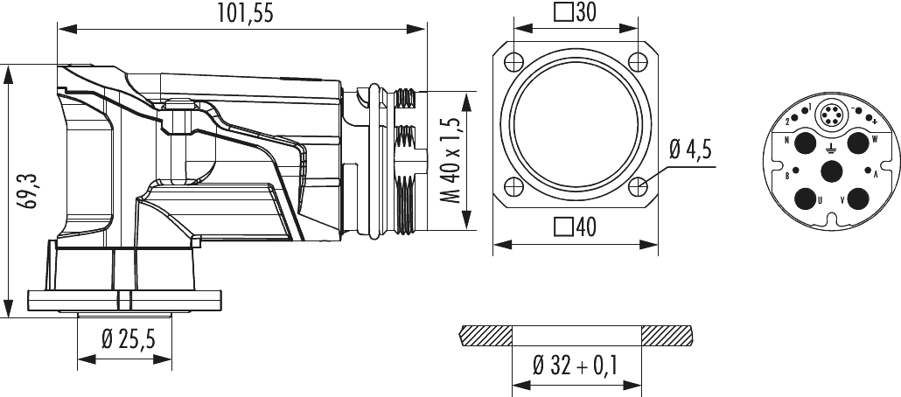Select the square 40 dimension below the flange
pyautogui.click(x=575, y=226)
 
